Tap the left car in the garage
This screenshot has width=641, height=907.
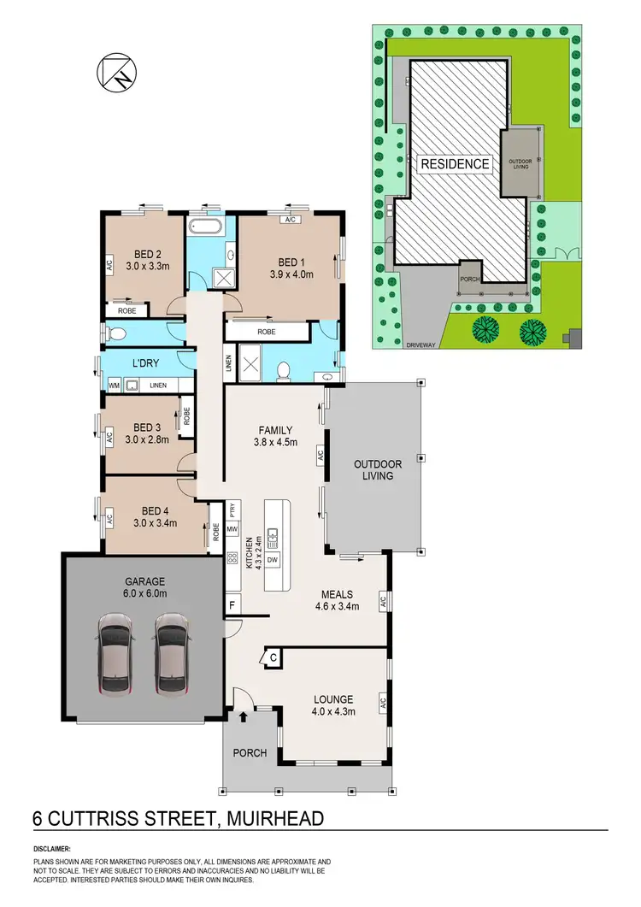click(115, 655)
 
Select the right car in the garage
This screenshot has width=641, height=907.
click(171, 655)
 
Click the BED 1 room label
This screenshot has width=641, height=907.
click(291, 262)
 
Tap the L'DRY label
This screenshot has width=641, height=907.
click(146, 363)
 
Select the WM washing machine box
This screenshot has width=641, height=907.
click(113, 386)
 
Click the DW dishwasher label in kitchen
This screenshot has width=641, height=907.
click(273, 559)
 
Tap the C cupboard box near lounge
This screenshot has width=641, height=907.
click(271, 657)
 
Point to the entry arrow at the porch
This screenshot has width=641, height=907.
click(244, 717)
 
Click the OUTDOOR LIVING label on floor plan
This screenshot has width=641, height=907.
click(373, 470)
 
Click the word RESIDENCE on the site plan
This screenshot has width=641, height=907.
click(453, 164)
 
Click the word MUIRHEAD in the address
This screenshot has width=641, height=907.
click(276, 818)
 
